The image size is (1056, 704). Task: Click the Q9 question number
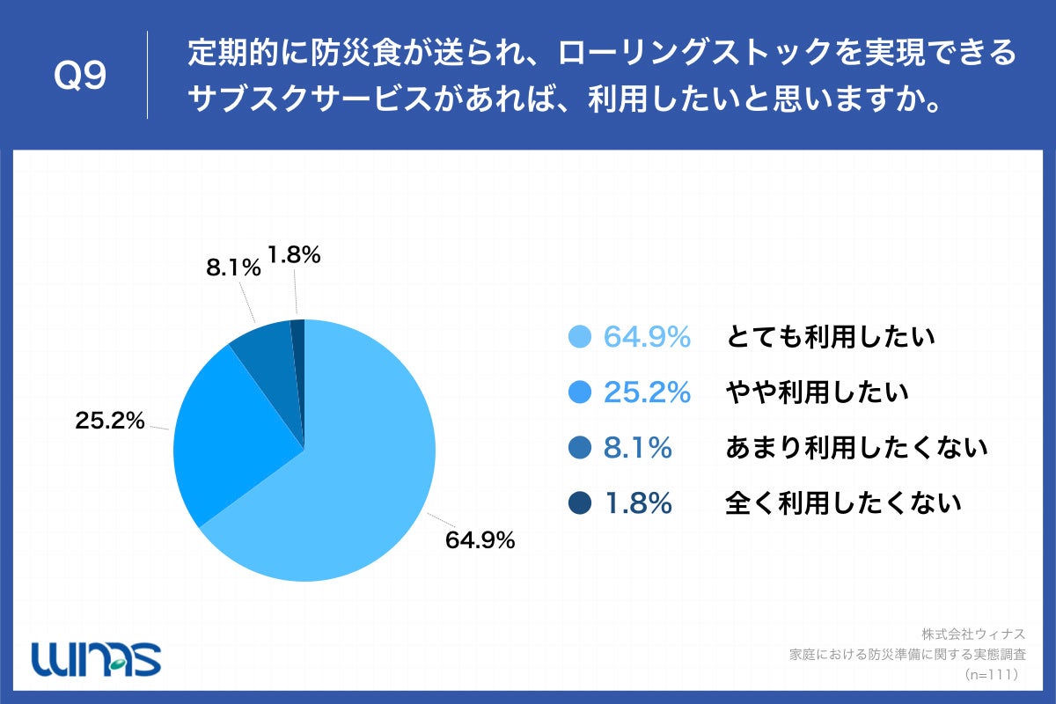80,76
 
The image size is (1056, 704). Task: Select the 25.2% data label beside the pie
109,422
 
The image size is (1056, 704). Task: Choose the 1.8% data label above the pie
293,256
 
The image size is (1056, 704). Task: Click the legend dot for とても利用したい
579,337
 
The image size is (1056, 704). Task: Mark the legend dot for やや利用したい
579,392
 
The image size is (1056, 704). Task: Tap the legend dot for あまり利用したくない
579,448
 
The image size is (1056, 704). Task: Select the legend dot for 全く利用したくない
579,503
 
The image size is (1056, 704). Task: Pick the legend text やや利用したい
817,392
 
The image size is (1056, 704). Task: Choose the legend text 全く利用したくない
843,503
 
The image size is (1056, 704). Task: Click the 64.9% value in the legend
647,337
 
